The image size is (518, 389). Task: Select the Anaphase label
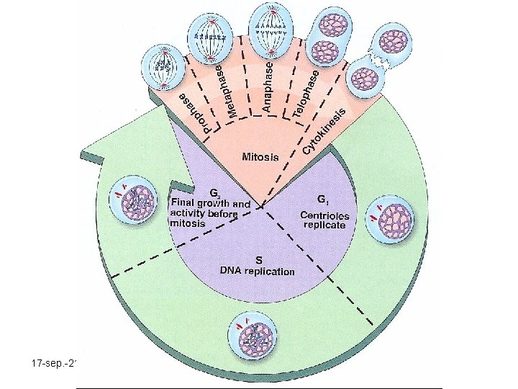point(268,87)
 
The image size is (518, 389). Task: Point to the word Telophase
point(306,94)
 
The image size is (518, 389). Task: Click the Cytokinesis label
point(324,131)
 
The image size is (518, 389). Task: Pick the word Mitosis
point(260,156)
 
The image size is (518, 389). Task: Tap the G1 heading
point(322,200)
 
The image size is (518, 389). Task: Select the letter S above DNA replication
point(259,260)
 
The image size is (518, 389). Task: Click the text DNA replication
point(258,272)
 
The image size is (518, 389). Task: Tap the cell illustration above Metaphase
point(210,40)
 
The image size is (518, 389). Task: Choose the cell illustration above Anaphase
point(271,32)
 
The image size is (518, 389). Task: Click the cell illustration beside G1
point(390,219)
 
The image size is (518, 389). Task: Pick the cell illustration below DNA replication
point(253,337)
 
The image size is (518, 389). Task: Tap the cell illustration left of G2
point(133,200)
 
